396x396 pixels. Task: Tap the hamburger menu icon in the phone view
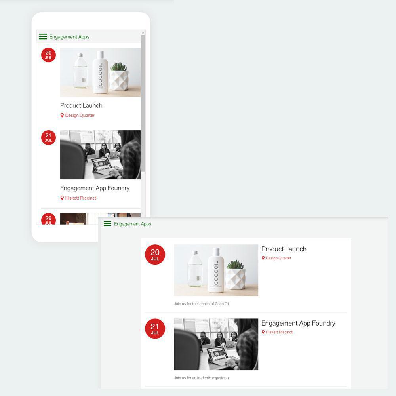click(x=43, y=37)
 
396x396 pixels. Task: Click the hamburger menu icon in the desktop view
click(x=107, y=224)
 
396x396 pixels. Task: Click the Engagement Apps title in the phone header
click(x=69, y=37)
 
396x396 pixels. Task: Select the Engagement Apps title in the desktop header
click(x=133, y=224)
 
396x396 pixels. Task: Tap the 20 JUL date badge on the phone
click(x=48, y=55)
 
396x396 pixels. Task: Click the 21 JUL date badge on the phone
click(x=48, y=137)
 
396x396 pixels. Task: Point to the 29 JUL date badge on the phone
click(x=48, y=219)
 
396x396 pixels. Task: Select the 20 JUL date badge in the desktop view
click(x=155, y=255)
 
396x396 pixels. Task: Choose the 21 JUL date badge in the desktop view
click(x=155, y=329)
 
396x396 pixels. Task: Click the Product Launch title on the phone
click(x=81, y=105)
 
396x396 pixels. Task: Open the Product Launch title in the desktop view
click(x=284, y=249)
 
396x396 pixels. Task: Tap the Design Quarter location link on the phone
click(x=80, y=115)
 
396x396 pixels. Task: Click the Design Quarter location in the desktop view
click(x=278, y=258)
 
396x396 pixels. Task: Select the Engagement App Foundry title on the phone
click(x=95, y=188)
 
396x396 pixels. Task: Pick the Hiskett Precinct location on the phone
click(x=80, y=198)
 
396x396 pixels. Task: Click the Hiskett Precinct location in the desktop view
click(x=279, y=332)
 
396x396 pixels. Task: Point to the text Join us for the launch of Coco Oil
click(x=202, y=304)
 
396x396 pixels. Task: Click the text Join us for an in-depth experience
click(x=202, y=378)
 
